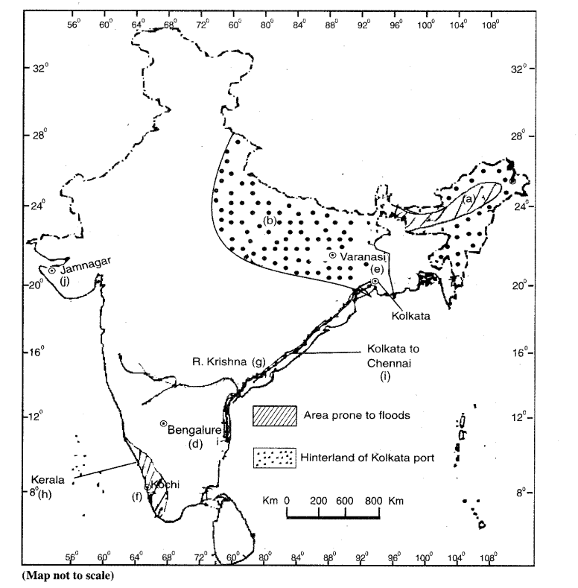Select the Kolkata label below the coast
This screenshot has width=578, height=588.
pos(411,314)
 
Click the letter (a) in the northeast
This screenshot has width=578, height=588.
pos(469,199)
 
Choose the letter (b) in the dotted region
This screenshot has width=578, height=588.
pos(270,221)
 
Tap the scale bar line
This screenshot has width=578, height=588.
pos(334,515)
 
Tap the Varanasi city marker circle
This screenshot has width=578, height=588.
pos(333,256)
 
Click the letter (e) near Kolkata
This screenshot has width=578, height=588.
pos(377,268)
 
